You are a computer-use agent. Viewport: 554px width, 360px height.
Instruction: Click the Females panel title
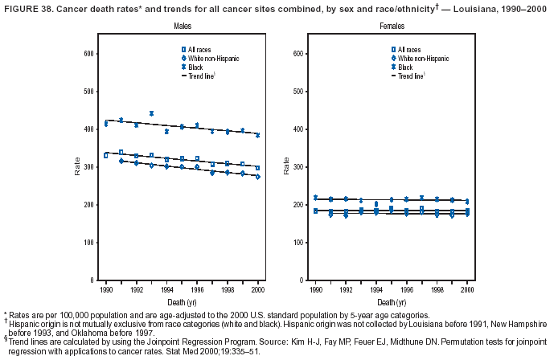392,27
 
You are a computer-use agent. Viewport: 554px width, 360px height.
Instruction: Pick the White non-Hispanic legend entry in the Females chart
420,59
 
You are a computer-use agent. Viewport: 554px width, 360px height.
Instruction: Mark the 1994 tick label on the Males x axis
166,288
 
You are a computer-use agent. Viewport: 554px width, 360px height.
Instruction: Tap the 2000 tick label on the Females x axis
467,288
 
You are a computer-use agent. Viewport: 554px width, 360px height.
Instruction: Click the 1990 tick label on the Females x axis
315,288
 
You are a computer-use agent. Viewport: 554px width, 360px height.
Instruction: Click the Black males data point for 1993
151,113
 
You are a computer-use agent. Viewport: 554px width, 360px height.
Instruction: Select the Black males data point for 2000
257,135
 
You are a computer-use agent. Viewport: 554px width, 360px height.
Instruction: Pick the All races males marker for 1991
121,152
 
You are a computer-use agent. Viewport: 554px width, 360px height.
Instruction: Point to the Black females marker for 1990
315,198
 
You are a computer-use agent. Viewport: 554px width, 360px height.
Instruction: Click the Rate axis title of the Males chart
78,167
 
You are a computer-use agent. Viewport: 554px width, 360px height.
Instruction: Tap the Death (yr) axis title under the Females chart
392,301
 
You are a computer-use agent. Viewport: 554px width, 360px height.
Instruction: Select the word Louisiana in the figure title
459,7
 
